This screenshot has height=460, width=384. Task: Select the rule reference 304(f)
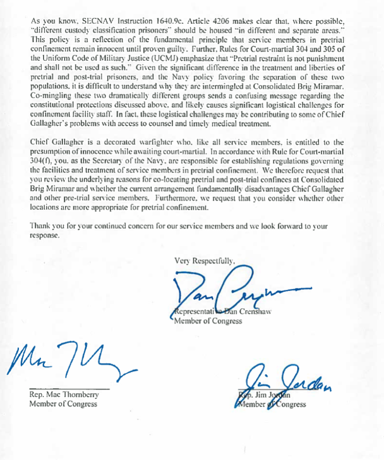pyautogui.click(x=41, y=160)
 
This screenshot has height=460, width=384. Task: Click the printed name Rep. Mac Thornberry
pyautogui.click(x=63, y=395)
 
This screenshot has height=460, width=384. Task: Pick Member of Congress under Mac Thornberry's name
pyautogui.click(x=63, y=404)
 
